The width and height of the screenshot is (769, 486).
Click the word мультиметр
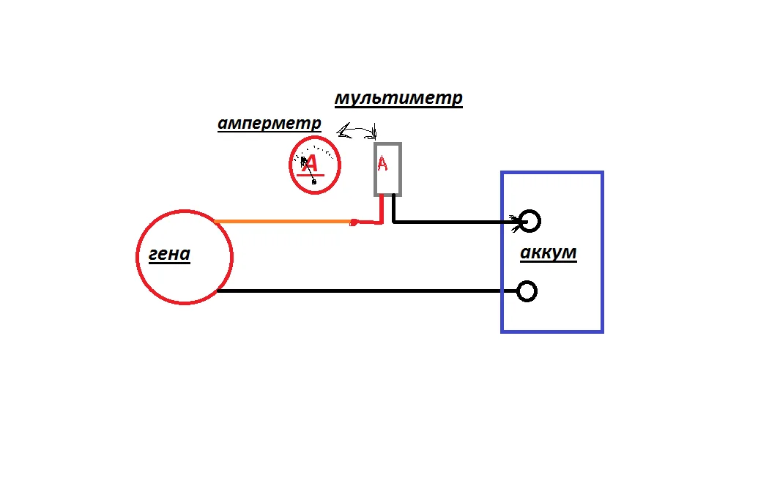[398, 98]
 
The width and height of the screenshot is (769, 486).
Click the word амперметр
[269, 123]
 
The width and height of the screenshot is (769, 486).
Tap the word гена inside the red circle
[169, 255]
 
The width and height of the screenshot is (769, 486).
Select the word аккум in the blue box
[548, 253]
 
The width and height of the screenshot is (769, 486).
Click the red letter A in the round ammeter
[311, 164]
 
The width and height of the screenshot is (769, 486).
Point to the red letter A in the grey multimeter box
[382, 164]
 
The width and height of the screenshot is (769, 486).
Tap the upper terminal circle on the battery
[530, 220]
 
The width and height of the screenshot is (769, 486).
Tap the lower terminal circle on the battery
[527, 291]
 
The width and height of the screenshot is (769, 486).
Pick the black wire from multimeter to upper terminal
[454, 220]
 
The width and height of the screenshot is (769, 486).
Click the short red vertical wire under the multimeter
[382, 208]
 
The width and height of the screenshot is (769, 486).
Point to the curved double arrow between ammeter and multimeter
[357, 131]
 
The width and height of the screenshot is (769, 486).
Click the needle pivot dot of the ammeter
[314, 182]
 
